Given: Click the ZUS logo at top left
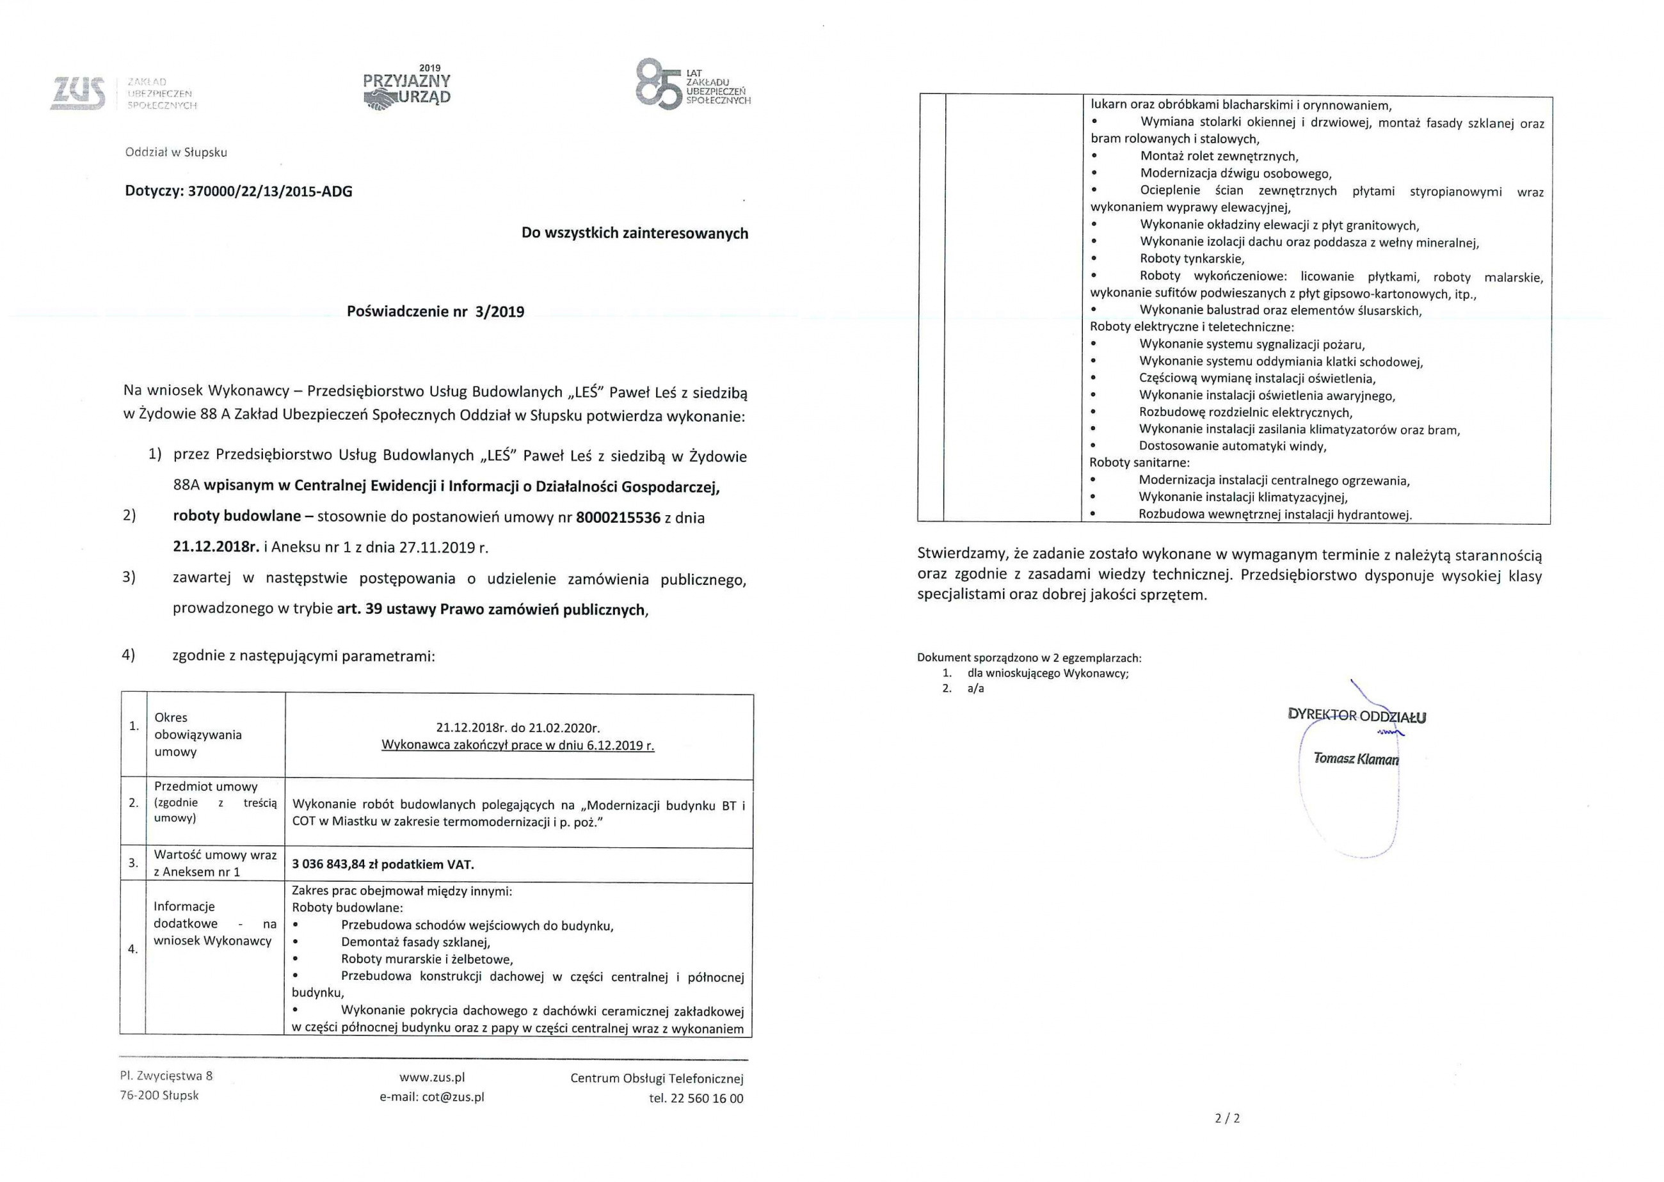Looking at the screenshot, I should (x=78, y=94).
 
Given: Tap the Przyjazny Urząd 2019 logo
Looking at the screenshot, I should (x=407, y=89).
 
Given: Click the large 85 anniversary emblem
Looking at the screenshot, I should (x=659, y=85).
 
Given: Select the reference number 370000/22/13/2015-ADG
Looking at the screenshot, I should (x=269, y=191).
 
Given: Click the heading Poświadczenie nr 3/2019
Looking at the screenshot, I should (x=435, y=312).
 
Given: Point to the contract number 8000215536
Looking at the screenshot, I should (x=618, y=518).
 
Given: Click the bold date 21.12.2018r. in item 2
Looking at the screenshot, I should (x=216, y=547).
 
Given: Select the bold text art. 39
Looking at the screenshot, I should (x=359, y=609).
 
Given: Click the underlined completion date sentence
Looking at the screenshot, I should (x=518, y=746).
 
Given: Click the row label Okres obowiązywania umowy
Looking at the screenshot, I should (x=197, y=735).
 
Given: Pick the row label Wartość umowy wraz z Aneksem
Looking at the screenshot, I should (x=215, y=863).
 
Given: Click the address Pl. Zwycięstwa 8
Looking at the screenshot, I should (x=166, y=1076).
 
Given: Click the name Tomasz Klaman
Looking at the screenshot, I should (x=1356, y=758).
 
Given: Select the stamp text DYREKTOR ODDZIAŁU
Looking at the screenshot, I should (x=1357, y=716).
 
